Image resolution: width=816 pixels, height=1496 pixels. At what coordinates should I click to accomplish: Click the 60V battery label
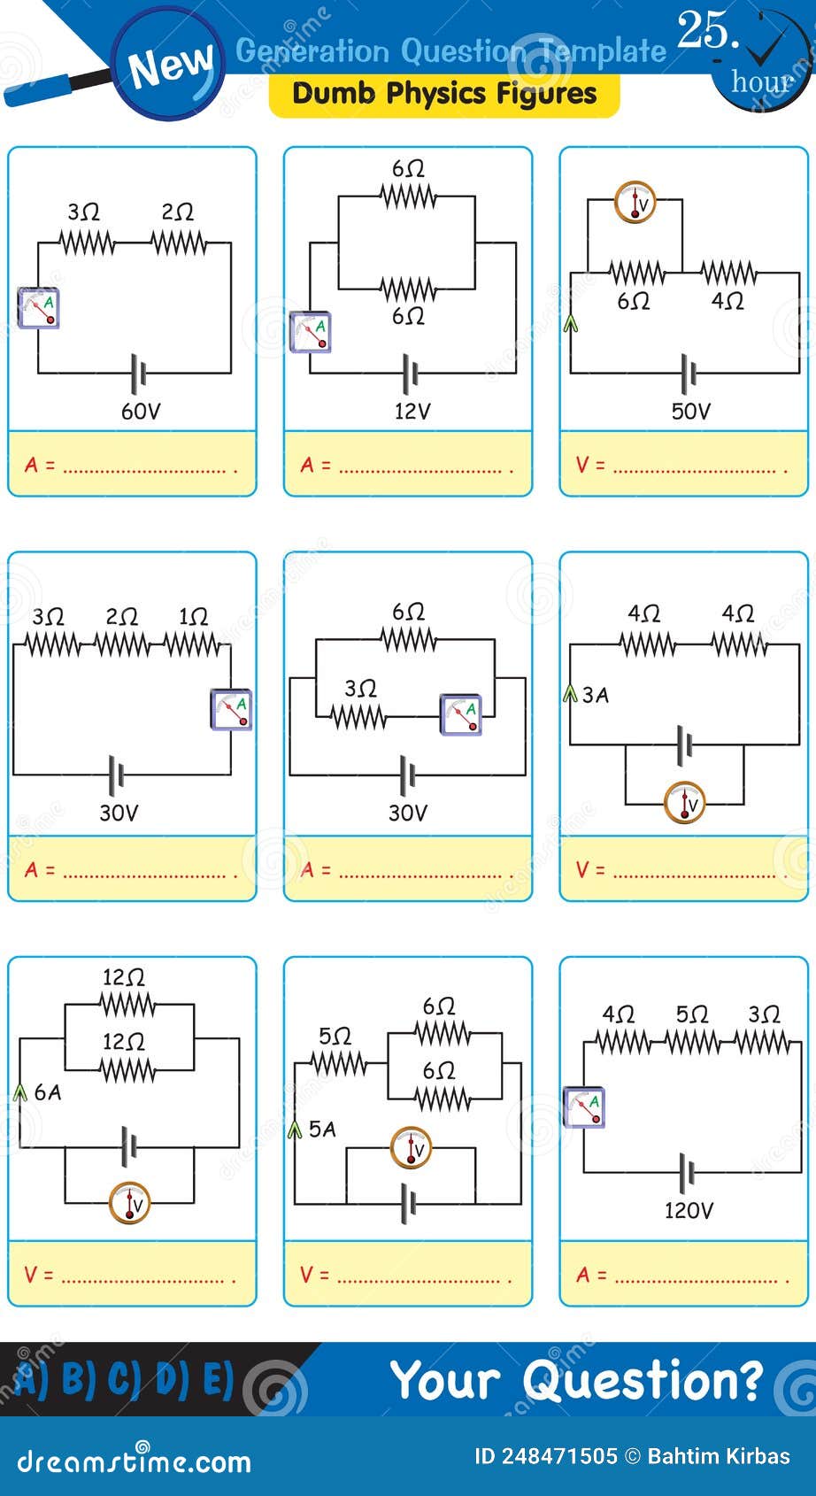(x=140, y=411)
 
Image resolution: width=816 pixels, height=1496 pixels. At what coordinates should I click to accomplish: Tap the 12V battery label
(x=412, y=411)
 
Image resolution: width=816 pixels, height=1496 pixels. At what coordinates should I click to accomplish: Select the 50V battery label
(x=690, y=411)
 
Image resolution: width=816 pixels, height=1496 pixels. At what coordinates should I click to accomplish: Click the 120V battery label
(x=688, y=1210)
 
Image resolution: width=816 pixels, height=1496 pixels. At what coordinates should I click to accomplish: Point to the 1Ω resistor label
(x=193, y=616)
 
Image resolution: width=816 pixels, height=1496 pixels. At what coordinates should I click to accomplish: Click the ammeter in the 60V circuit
(x=39, y=308)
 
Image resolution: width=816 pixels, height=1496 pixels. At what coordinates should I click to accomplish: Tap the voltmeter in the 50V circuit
(x=635, y=203)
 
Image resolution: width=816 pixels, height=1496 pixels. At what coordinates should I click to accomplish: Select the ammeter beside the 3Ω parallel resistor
(x=461, y=715)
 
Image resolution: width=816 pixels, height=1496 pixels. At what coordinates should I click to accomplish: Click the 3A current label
(x=596, y=695)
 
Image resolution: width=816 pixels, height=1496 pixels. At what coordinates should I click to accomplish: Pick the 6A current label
(x=48, y=1092)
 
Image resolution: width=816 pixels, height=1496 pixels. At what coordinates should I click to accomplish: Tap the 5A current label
(x=322, y=1129)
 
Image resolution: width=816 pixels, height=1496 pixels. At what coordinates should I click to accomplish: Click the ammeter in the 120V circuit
(x=584, y=1107)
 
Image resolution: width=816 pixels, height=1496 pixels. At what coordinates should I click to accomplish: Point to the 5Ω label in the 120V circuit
(x=691, y=1014)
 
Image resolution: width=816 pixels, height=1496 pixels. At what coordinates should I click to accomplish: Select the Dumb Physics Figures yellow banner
(x=444, y=94)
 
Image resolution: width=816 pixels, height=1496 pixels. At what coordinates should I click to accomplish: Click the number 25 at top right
(x=706, y=31)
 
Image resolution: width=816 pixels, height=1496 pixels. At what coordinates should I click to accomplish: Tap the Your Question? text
(x=576, y=1379)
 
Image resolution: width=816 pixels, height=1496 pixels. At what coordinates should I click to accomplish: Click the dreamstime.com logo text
(x=134, y=1461)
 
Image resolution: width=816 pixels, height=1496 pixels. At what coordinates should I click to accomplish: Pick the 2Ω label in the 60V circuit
(x=177, y=212)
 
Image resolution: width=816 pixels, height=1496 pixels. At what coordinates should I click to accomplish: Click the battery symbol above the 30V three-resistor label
(x=116, y=775)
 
